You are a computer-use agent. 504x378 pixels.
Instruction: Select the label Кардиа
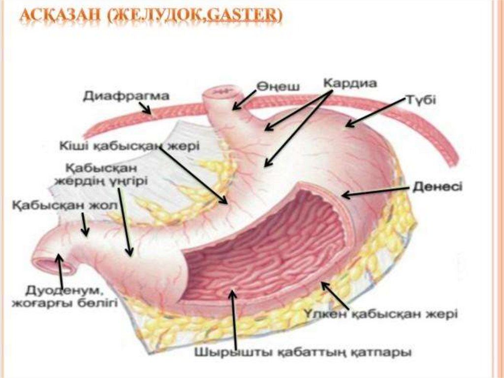point(350,83)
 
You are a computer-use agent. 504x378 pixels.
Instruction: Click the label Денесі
point(437,187)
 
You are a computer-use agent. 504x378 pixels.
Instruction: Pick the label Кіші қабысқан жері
point(129,146)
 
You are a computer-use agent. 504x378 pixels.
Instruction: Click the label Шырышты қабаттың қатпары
point(303,353)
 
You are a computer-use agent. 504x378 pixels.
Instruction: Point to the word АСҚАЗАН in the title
point(54,18)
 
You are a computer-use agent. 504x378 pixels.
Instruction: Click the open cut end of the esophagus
point(222,92)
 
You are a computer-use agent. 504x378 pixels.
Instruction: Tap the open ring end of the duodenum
point(52,261)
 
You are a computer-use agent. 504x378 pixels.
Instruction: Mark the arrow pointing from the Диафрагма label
point(145,108)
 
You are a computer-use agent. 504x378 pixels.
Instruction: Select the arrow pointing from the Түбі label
point(374,111)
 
